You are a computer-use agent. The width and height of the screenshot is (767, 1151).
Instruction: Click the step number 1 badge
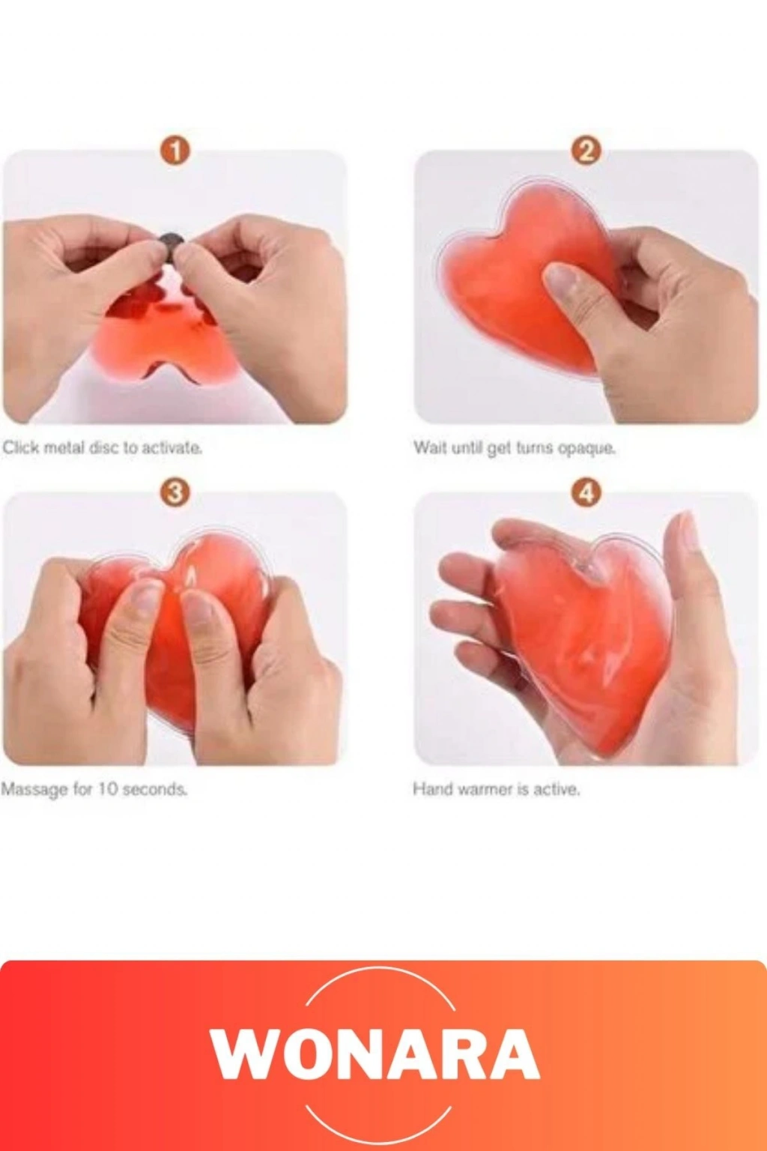click(x=175, y=152)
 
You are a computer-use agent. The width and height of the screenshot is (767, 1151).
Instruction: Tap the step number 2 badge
click(x=586, y=152)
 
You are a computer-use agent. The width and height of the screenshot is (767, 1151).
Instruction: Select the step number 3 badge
click(x=175, y=494)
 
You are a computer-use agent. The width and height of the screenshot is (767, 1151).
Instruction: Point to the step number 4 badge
click(x=586, y=494)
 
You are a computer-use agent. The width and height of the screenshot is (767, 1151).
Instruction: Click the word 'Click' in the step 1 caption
click(x=20, y=447)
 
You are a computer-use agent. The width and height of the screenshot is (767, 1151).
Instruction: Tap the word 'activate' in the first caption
click(x=171, y=448)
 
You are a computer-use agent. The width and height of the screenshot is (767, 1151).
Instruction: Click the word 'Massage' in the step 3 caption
click(x=34, y=789)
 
